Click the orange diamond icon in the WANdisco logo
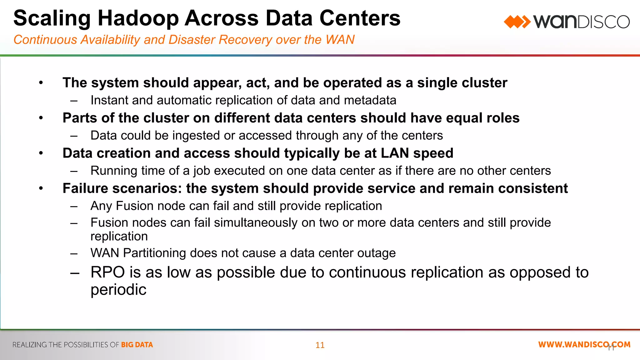pyautogui.click(x=517, y=22)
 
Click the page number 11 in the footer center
pyautogui.click(x=320, y=345)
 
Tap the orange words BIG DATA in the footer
pyautogui.click(x=137, y=345)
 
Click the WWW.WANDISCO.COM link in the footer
pyautogui.click(x=584, y=344)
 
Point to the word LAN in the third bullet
pyautogui.click(x=395, y=153)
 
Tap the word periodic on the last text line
pyautogui.click(x=118, y=290)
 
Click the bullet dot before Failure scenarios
pyautogui.click(x=41, y=188)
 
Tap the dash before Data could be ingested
pyautogui.click(x=74, y=136)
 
